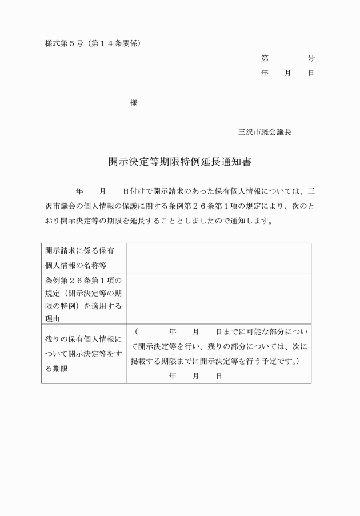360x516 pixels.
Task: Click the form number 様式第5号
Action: point(63,43)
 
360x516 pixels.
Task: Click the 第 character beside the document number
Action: point(265,58)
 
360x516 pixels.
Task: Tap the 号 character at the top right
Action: point(311,58)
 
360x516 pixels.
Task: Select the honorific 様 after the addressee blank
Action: point(133,103)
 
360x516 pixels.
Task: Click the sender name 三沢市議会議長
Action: point(265,132)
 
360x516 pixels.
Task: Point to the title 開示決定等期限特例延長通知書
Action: point(180,162)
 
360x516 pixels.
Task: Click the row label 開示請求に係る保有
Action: point(79,250)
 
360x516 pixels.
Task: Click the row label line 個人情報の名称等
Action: point(75,265)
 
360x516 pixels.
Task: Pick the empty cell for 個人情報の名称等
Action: point(219,258)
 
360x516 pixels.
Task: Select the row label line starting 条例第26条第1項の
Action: point(83,280)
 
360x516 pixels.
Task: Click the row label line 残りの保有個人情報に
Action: point(83,339)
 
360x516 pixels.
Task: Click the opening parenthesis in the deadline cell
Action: point(137,331)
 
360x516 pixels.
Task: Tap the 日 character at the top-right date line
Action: point(311,73)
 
